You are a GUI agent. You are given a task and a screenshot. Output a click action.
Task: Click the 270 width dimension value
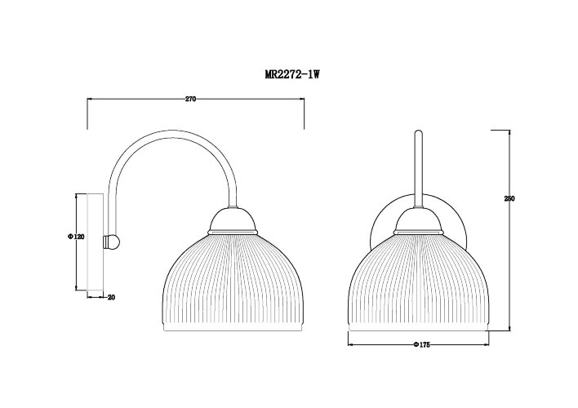point(190,100)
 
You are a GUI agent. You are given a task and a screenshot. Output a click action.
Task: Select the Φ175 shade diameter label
point(421,345)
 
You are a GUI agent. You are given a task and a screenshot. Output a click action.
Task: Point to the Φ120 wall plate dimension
point(71,237)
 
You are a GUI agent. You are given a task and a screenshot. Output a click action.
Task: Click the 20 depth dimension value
point(112,297)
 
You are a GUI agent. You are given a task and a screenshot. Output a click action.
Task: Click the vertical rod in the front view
point(418,167)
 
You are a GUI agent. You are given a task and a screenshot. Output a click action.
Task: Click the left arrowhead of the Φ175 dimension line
point(351,345)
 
